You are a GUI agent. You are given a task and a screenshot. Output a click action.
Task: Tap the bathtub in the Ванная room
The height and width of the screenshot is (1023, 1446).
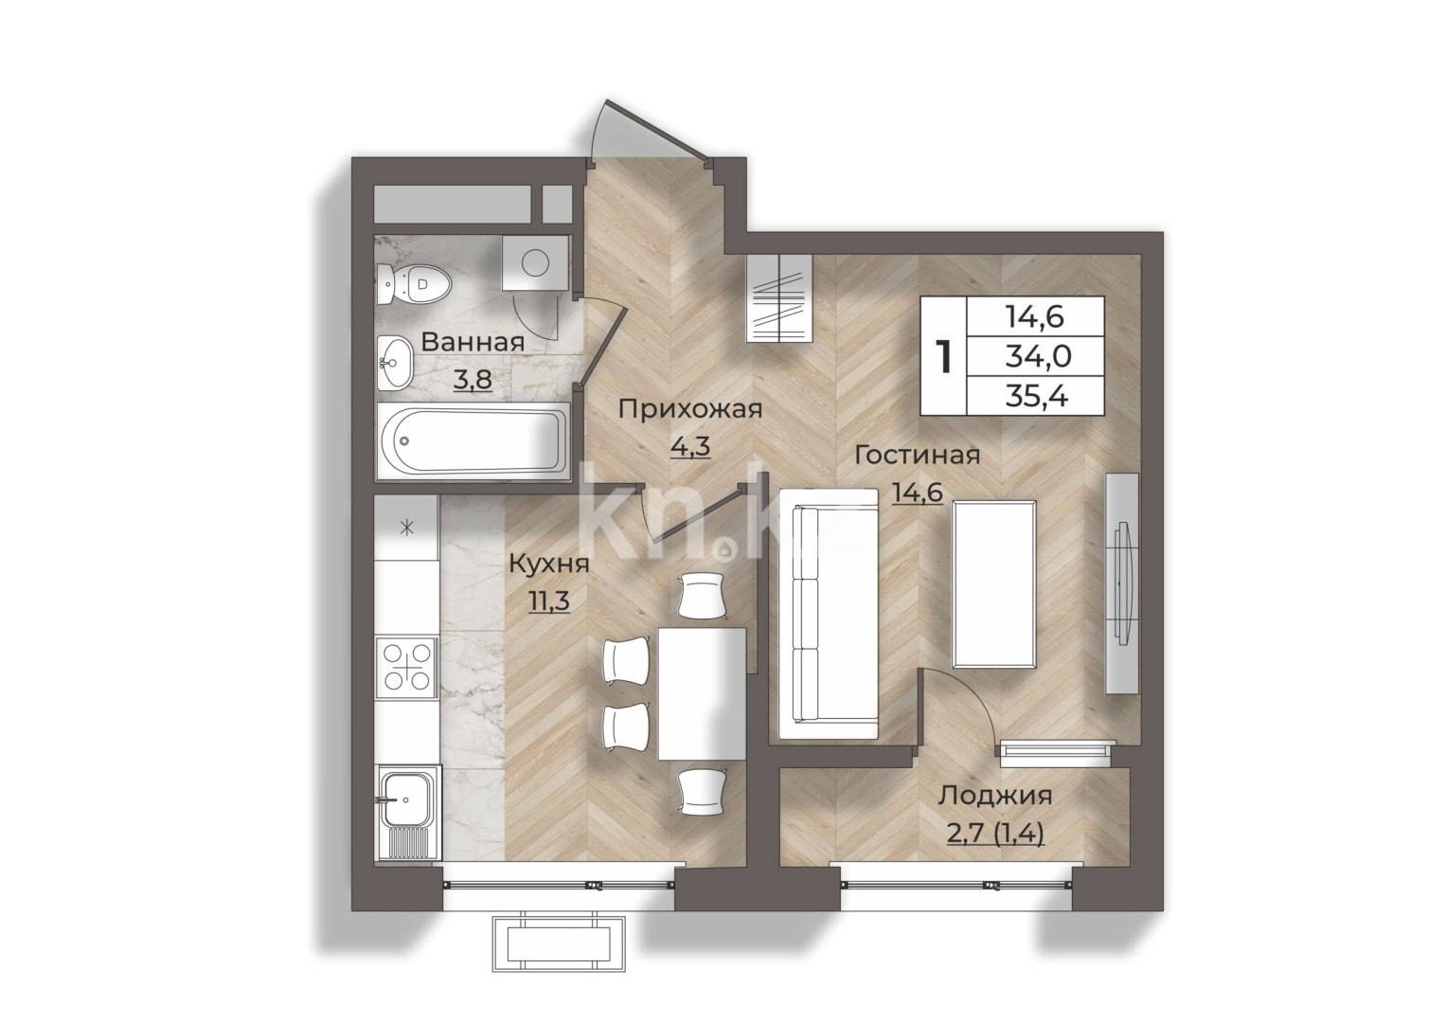point(473,441)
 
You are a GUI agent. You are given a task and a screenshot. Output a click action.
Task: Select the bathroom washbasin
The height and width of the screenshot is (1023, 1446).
point(395,363)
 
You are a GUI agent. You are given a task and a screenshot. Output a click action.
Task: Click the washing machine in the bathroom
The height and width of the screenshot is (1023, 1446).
point(535,263)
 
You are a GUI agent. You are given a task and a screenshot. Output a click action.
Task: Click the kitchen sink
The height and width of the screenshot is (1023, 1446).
point(407,812)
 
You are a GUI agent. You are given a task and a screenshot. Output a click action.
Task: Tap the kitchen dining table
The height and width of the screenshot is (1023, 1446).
point(702,693)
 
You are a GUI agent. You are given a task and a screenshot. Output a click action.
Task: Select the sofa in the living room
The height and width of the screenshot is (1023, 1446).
point(829,614)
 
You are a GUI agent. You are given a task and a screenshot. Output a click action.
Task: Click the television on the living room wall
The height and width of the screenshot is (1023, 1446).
point(1123,583)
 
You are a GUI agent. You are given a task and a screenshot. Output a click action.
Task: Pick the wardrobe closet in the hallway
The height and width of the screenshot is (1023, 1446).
point(778,297)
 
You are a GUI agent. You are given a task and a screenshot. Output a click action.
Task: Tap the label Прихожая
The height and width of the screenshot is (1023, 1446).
point(690,409)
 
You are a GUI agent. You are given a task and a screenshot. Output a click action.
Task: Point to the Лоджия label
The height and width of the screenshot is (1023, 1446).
point(994,797)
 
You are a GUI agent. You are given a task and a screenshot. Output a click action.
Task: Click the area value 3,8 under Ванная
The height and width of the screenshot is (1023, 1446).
point(473,381)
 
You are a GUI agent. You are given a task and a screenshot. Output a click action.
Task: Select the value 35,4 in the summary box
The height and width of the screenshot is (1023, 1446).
point(1037,396)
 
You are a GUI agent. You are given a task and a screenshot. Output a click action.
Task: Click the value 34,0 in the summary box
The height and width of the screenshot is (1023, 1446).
point(1038,356)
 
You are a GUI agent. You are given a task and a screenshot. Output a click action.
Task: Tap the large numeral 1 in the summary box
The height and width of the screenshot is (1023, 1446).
point(944,356)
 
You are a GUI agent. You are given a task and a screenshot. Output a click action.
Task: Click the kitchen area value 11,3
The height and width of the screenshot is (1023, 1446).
point(549,601)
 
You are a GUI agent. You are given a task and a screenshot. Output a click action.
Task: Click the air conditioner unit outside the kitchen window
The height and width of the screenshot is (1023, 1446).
point(559,945)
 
